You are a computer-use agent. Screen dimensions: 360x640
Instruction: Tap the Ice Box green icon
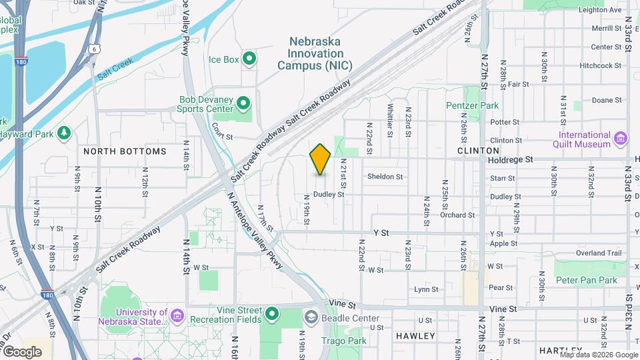pos(250,59)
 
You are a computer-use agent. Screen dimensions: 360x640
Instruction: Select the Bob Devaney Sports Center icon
pos(243,104)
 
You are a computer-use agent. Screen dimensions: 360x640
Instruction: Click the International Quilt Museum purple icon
pos(621,139)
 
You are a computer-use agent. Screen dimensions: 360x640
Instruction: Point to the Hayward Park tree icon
pos(64,133)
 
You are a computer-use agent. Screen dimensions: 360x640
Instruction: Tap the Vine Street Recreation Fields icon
pos(272,313)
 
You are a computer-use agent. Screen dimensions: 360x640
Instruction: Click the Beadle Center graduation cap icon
pos(311,317)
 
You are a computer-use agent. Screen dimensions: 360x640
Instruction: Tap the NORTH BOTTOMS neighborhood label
pos(125,151)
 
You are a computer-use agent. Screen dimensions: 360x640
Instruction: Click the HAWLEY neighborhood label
pos(415,336)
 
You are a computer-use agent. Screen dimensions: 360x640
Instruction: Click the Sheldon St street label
pos(385,177)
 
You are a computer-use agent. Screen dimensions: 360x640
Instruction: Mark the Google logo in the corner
pos(22,351)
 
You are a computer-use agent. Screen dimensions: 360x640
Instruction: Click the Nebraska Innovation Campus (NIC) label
pos(315,53)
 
